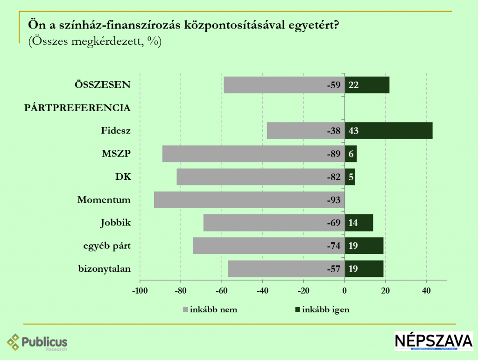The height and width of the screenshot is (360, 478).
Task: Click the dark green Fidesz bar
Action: [388, 131]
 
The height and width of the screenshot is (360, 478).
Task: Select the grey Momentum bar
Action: [249, 200]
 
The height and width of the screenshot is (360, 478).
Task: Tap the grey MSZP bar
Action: [253, 154]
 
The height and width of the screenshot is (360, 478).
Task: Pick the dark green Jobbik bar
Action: [359, 223]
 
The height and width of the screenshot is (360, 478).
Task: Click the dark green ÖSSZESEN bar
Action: [367, 85]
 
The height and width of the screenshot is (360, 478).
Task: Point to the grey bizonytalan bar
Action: [286, 269]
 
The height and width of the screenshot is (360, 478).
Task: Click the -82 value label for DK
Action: [334, 177]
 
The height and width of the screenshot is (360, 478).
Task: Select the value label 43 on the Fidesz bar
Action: [353, 131]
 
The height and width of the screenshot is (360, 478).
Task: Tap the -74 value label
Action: [334, 246]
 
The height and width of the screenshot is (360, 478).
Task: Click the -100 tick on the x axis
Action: [140, 291]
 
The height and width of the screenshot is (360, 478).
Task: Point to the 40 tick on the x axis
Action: [426, 291]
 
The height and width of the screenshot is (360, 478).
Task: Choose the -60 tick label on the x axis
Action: [222, 291]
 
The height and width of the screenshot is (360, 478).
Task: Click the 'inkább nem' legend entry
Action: [210, 310]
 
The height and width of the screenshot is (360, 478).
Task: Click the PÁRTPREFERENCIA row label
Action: [77, 108]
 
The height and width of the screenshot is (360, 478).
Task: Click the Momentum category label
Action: [104, 200]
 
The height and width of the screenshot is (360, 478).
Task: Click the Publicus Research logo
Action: [37, 343]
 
